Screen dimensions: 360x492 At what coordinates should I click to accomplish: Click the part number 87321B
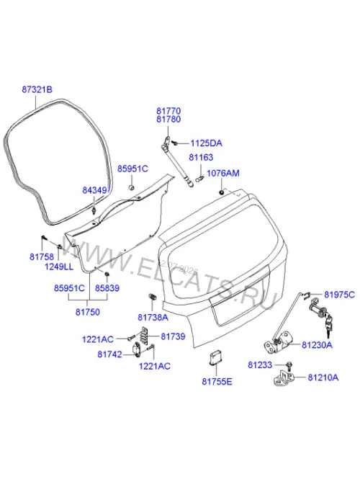pyautogui.click(x=37, y=89)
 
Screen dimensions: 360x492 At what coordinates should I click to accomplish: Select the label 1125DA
pyautogui.click(x=206, y=143)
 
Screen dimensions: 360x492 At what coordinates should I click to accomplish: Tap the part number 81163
pyautogui.click(x=201, y=157)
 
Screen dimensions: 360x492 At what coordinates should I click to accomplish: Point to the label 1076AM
pyautogui.click(x=223, y=173)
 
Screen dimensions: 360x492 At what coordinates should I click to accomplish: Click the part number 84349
pyautogui.click(x=95, y=190)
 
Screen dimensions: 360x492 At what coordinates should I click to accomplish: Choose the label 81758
pyautogui.click(x=42, y=256)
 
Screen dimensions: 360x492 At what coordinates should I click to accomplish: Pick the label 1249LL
pyautogui.click(x=58, y=267)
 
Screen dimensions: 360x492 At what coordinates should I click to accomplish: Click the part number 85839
pyautogui.click(x=107, y=288)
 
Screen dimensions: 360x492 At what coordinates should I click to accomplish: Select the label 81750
pyautogui.click(x=88, y=312)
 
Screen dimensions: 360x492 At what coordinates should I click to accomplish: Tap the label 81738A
pyautogui.click(x=153, y=318)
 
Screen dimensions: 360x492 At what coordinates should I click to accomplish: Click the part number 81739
pyautogui.click(x=173, y=336)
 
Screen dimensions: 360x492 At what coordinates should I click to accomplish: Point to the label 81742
pyautogui.click(x=109, y=354)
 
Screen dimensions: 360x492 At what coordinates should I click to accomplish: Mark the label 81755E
pyautogui.click(x=217, y=382)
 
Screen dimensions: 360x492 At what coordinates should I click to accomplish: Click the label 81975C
pyautogui.click(x=340, y=295)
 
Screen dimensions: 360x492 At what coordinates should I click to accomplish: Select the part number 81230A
pyautogui.click(x=317, y=345)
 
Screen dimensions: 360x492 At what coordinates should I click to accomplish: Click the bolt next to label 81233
pyautogui.click(x=289, y=365)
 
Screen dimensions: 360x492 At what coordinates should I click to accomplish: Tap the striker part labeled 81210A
pyautogui.click(x=283, y=379)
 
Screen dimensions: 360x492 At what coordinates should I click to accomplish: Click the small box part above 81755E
pyautogui.click(x=216, y=358)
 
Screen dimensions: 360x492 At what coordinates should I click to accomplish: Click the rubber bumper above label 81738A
pyautogui.click(x=152, y=297)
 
